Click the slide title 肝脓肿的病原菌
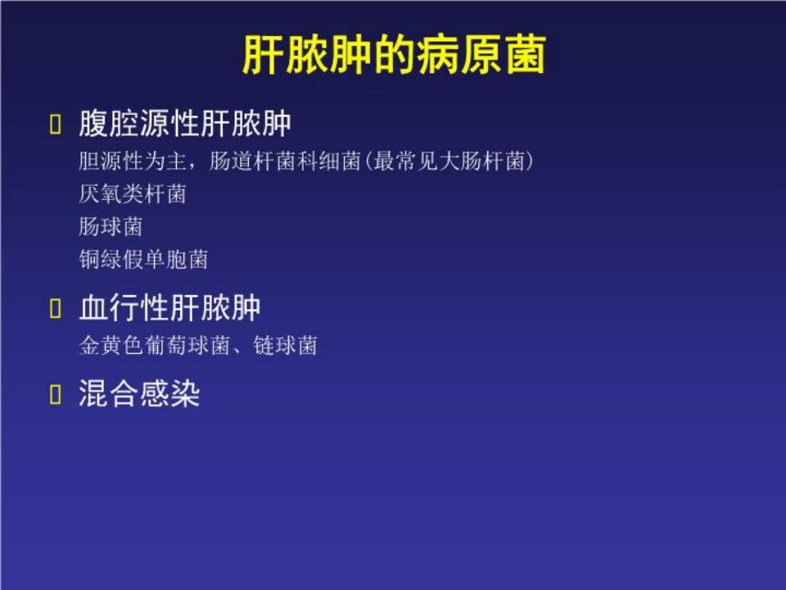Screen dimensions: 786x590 (x=394, y=55)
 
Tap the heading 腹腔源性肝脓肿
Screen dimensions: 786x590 (x=185, y=124)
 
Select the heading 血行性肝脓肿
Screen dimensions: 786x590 (x=170, y=307)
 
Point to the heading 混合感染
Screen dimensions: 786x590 (x=139, y=393)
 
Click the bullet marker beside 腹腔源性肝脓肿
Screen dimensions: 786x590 (x=55, y=124)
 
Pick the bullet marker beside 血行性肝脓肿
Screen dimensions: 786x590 (x=55, y=308)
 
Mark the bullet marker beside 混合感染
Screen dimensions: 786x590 (x=55, y=394)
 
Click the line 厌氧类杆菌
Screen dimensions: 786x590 (x=133, y=193)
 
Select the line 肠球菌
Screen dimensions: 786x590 (x=111, y=226)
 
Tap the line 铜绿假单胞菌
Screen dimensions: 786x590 (x=143, y=260)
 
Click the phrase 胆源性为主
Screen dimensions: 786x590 (x=133, y=161)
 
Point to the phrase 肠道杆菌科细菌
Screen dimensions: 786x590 (x=285, y=161)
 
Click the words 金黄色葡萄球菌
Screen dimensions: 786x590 (x=155, y=345)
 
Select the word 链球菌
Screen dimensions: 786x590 (x=285, y=345)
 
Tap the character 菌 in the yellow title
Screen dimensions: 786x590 (x=525, y=55)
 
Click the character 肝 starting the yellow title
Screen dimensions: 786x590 (x=264, y=55)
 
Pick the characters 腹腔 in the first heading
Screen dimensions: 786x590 (x=109, y=124)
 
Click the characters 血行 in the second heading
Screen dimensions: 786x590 (x=109, y=307)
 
